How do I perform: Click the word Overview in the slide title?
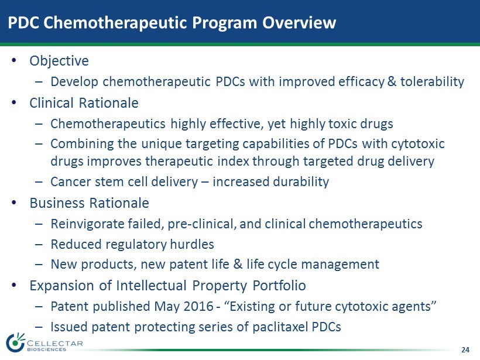pos(299,22)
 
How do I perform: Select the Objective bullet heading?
pos(59,61)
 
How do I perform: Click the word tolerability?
pos(432,82)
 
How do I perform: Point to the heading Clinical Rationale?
pos(84,103)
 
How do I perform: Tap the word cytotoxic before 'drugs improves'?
pos(419,144)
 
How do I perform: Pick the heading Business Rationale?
pos(89,203)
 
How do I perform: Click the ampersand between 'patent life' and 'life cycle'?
pos(238,264)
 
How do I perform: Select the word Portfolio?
pos(279,286)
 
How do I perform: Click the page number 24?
pos(465,350)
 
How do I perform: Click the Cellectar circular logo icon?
pos(15,342)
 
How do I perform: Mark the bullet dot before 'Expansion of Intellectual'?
pos(13,285)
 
